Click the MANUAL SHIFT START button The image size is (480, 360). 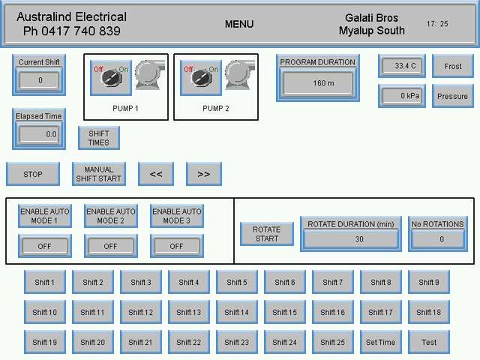[x=99, y=174]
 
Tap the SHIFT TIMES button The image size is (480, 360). [x=99, y=138]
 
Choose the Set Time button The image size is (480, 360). [x=380, y=342]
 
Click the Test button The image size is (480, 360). [x=428, y=342]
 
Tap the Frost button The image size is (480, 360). [x=453, y=66]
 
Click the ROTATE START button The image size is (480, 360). [x=266, y=234]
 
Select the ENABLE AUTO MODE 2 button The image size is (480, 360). [x=111, y=216]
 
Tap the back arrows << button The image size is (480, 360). [x=156, y=174]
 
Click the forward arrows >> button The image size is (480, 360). [x=203, y=174]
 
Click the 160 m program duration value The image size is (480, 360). [x=323, y=83]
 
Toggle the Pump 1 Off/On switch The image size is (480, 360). [x=110, y=78]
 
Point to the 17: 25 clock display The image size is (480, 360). [x=437, y=24]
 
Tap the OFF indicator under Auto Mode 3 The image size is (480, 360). [x=176, y=246]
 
